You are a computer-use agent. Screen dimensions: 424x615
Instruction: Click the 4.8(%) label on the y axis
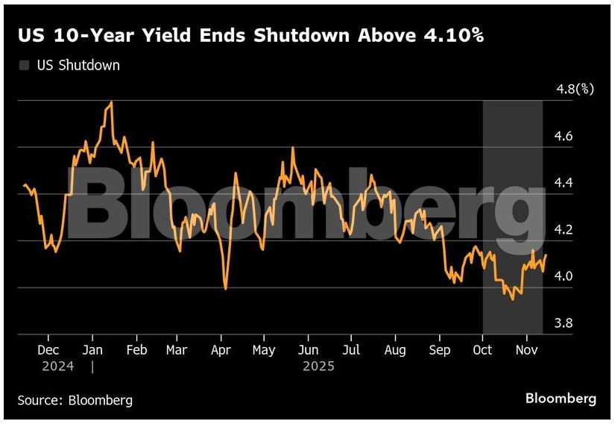[575, 90]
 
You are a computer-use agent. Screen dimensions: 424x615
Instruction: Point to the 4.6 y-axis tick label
[564, 137]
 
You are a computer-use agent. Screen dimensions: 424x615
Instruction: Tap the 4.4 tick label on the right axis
[564, 183]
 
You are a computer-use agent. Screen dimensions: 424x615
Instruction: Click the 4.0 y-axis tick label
[564, 276]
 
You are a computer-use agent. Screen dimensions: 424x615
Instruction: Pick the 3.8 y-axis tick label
[564, 323]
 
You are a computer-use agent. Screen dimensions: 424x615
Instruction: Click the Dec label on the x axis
[48, 350]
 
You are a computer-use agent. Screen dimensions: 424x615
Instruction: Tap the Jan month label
[92, 350]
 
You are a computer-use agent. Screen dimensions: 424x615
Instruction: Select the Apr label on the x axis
[221, 350]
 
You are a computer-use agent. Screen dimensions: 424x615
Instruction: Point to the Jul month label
[351, 350]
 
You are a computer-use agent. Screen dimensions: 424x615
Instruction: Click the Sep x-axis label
[440, 350]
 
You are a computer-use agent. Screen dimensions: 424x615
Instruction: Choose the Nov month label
[527, 350]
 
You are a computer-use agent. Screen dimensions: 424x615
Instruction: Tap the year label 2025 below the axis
[318, 367]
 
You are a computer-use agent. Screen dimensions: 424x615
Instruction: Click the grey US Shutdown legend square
[24, 66]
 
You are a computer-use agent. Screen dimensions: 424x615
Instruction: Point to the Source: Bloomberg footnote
[75, 400]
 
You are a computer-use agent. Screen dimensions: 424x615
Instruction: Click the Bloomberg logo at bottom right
[561, 398]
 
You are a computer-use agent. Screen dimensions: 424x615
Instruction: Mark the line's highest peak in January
[111, 102]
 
